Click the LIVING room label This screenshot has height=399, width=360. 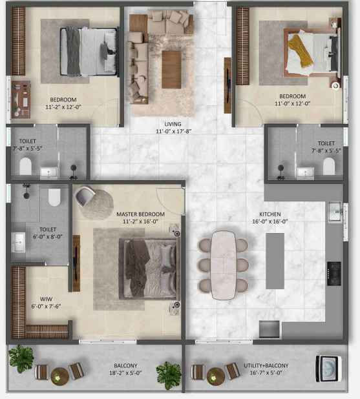(x=173, y=124)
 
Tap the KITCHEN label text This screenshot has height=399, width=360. (x=270, y=214)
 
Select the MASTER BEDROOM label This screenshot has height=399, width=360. (x=140, y=214)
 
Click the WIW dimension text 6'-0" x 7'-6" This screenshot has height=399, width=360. (x=46, y=307)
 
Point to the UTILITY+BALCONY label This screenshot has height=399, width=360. (x=266, y=365)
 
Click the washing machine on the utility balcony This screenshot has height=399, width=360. (x=328, y=369)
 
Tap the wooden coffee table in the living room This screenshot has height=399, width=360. (x=171, y=70)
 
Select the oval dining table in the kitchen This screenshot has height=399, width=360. (x=224, y=265)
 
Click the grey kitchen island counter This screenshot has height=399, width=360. (x=275, y=261)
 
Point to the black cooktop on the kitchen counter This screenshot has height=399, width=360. (x=334, y=274)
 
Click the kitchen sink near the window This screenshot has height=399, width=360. (x=335, y=212)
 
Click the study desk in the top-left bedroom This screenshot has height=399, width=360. (x=21, y=99)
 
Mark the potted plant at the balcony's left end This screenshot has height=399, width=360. (x=21, y=358)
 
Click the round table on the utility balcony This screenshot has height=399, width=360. (x=216, y=376)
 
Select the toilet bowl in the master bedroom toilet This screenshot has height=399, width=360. (x=54, y=197)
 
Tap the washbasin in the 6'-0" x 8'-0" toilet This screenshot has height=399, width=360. (x=18, y=242)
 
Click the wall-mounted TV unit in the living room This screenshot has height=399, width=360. (x=228, y=85)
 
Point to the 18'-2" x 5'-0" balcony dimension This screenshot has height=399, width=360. (x=125, y=373)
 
